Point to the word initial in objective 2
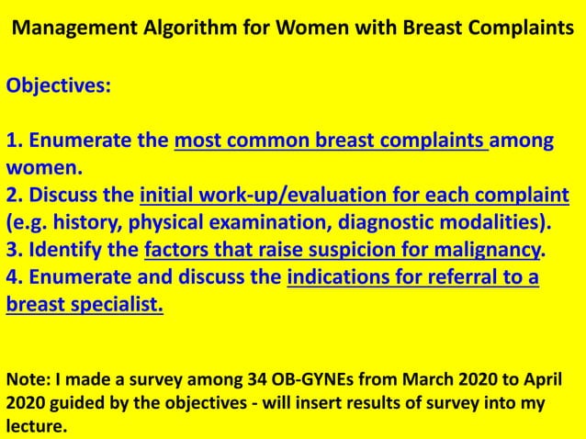[166, 196]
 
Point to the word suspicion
[378, 250]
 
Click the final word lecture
[37, 426]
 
